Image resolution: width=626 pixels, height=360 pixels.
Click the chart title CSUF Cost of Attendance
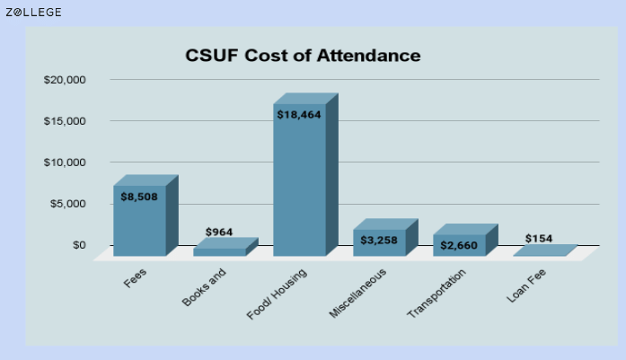(x=303, y=56)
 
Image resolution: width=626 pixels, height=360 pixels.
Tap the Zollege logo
(x=33, y=13)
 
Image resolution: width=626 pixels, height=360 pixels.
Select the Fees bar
(x=145, y=215)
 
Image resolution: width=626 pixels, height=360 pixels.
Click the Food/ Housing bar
(x=305, y=175)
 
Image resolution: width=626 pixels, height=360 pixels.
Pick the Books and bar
(x=225, y=247)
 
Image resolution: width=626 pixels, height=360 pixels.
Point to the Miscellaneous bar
(x=385, y=238)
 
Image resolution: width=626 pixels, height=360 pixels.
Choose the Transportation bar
(x=465, y=240)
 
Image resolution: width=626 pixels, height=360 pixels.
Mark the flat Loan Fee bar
(x=545, y=250)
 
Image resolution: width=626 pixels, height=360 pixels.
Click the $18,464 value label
(x=299, y=115)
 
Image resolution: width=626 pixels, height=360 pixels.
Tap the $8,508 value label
(x=139, y=197)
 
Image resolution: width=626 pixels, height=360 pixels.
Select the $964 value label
(x=219, y=232)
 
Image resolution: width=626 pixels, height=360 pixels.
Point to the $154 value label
(x=539, y=239)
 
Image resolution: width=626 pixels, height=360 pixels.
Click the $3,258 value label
(x=379, y=241)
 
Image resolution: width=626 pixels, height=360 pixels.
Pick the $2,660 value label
(x=459, y=245)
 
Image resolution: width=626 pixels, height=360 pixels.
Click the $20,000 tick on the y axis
(x=65, y=80)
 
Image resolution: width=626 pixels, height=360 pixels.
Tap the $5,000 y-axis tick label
(x=68, y=204)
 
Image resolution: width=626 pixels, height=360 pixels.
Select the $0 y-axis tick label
(x=79, y=245)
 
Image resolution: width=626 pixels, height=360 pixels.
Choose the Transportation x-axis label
(x=436, y=294)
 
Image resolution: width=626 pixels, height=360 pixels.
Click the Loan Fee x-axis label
(x=526, y=285)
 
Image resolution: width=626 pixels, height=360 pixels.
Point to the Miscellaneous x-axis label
(x=357, y=294)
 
